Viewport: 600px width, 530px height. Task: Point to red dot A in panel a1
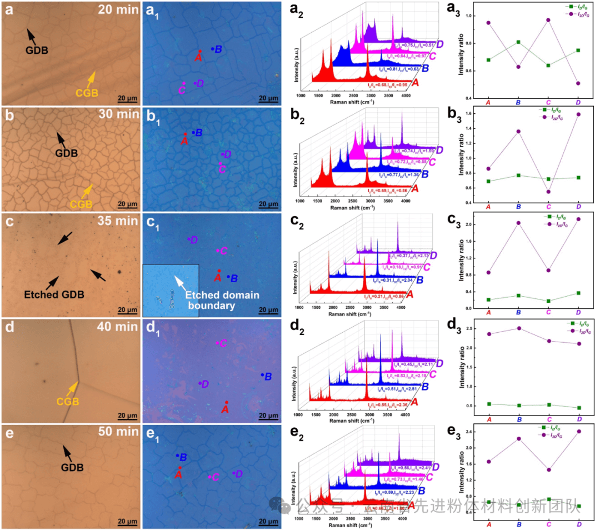(x=200, y=52)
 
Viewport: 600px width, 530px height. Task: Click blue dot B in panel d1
(x=262, y=375)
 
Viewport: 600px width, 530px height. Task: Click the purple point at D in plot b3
(x=579, y=114)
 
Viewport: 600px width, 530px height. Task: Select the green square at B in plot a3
(x=518, y=42)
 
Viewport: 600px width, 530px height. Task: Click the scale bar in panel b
(x=127, y=205)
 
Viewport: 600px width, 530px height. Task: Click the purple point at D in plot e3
(x=579, y=431)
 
